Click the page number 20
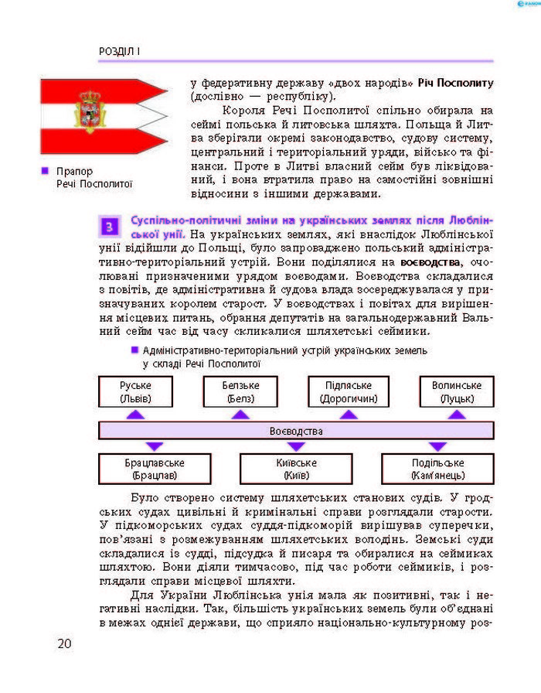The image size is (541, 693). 64,643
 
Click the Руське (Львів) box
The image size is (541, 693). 135,392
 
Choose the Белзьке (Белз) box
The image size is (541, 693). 240,392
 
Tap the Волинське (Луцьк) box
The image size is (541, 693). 457,392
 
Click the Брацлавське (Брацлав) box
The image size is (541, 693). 155,469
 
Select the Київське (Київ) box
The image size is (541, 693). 295,469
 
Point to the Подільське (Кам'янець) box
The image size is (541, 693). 437,469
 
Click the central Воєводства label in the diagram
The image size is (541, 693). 295,431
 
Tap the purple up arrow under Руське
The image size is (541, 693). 135,415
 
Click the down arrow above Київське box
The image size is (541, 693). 295,446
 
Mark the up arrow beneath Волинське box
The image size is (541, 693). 457,415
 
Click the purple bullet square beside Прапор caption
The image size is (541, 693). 45,170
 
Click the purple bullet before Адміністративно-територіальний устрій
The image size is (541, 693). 134,349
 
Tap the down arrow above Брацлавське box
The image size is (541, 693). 155,446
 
